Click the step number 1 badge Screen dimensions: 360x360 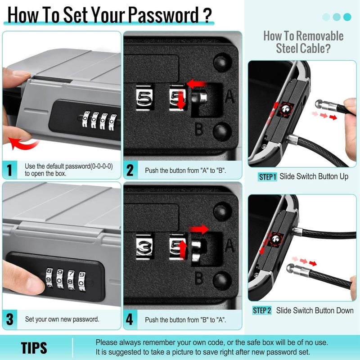[x=9, y=170]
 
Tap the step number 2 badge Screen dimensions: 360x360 [x=130, y=170]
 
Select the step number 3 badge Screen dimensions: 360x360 [x=9, y=319]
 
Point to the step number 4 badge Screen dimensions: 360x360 [x=130, y=319]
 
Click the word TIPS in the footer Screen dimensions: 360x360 [x=34, y=348]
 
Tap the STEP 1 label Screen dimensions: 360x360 [x=267, y=177]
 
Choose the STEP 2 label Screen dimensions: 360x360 [x=262, y=310]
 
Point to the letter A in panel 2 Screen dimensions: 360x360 [x=229, y=96]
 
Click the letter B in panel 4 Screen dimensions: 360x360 [x=199, y=278]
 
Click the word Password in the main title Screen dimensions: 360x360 [x=163, y=15]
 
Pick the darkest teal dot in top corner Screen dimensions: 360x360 [x=347, y=17]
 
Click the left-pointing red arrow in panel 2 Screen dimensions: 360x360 [x=197, y=84]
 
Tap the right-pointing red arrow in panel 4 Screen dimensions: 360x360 [x=199, y=229]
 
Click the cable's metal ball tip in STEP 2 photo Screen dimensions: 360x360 [x=290, y=268]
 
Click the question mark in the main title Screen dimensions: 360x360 [x=207, y=15]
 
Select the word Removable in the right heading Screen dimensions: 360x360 [x=319, y=36]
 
